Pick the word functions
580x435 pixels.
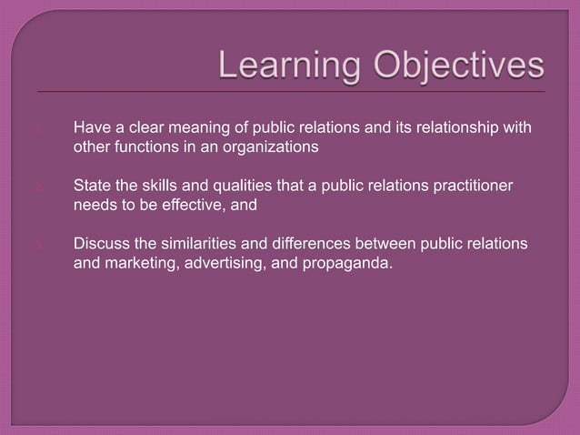pyautogui.click(x=145, y=145)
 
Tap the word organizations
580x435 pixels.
pyautogui.click(x=268, y=145)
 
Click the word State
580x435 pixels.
pyautogui.click(x=91, y=187)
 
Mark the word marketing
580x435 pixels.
pyautogui.click(x=139, y=267)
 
